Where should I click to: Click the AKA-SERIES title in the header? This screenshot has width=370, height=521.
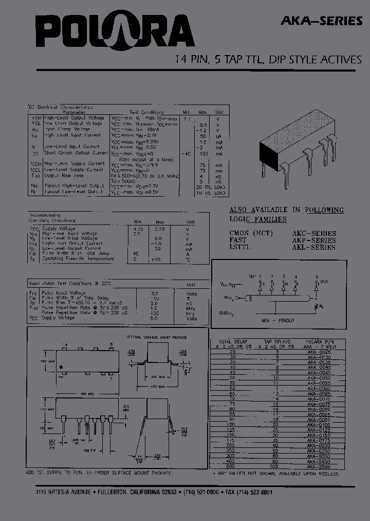pyautogui.click(x=321, y=21)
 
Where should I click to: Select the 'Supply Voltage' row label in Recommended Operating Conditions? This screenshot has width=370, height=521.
pyautogui.click(x=59, y=228)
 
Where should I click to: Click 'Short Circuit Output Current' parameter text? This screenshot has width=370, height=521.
pyautogui.click(x=76, y=153)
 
